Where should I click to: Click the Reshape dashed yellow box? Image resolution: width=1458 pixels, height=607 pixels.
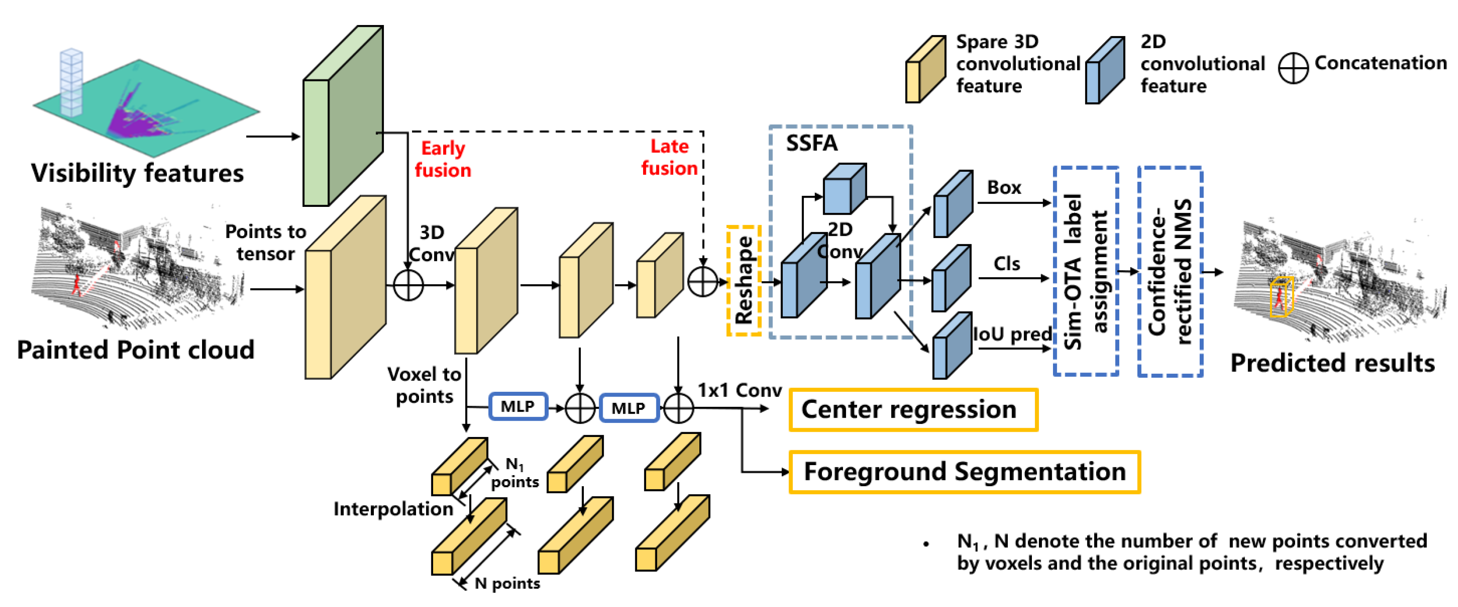point(743,281)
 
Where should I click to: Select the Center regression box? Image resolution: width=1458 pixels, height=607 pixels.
point(912,409)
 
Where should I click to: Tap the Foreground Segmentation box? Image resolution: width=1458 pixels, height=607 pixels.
point(964,472)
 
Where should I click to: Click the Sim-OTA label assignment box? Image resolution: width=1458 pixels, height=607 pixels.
point(1085,271)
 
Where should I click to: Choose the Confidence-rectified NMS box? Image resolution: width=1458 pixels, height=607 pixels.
point(1169,271)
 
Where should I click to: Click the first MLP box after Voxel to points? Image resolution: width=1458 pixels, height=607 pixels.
point(517,406)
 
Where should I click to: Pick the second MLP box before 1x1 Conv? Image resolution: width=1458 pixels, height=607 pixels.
point(628,408)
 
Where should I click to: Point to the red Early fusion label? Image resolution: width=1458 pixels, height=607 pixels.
point(443,159)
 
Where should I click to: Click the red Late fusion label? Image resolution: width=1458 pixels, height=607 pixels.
point(669,157)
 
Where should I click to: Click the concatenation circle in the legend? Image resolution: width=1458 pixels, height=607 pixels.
point(1293,69)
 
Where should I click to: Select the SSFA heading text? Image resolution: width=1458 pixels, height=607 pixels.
point(811,143)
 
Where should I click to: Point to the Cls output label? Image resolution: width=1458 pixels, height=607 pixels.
point(1006,264)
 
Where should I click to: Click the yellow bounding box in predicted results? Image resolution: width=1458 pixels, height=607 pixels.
point(1281,296)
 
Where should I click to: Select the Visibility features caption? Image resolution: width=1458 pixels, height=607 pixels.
point(137,173)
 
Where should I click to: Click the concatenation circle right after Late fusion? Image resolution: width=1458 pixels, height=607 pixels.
point(702,281)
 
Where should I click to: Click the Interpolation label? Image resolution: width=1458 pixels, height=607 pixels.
point(393,509)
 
